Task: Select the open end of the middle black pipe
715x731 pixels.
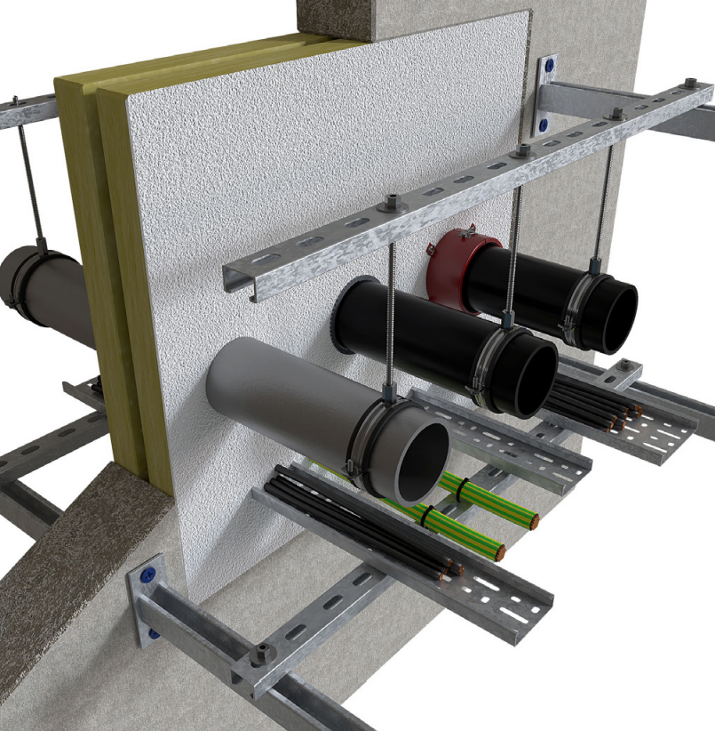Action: (x=527, y=373)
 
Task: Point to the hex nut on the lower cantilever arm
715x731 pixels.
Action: (x=261, y=654)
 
